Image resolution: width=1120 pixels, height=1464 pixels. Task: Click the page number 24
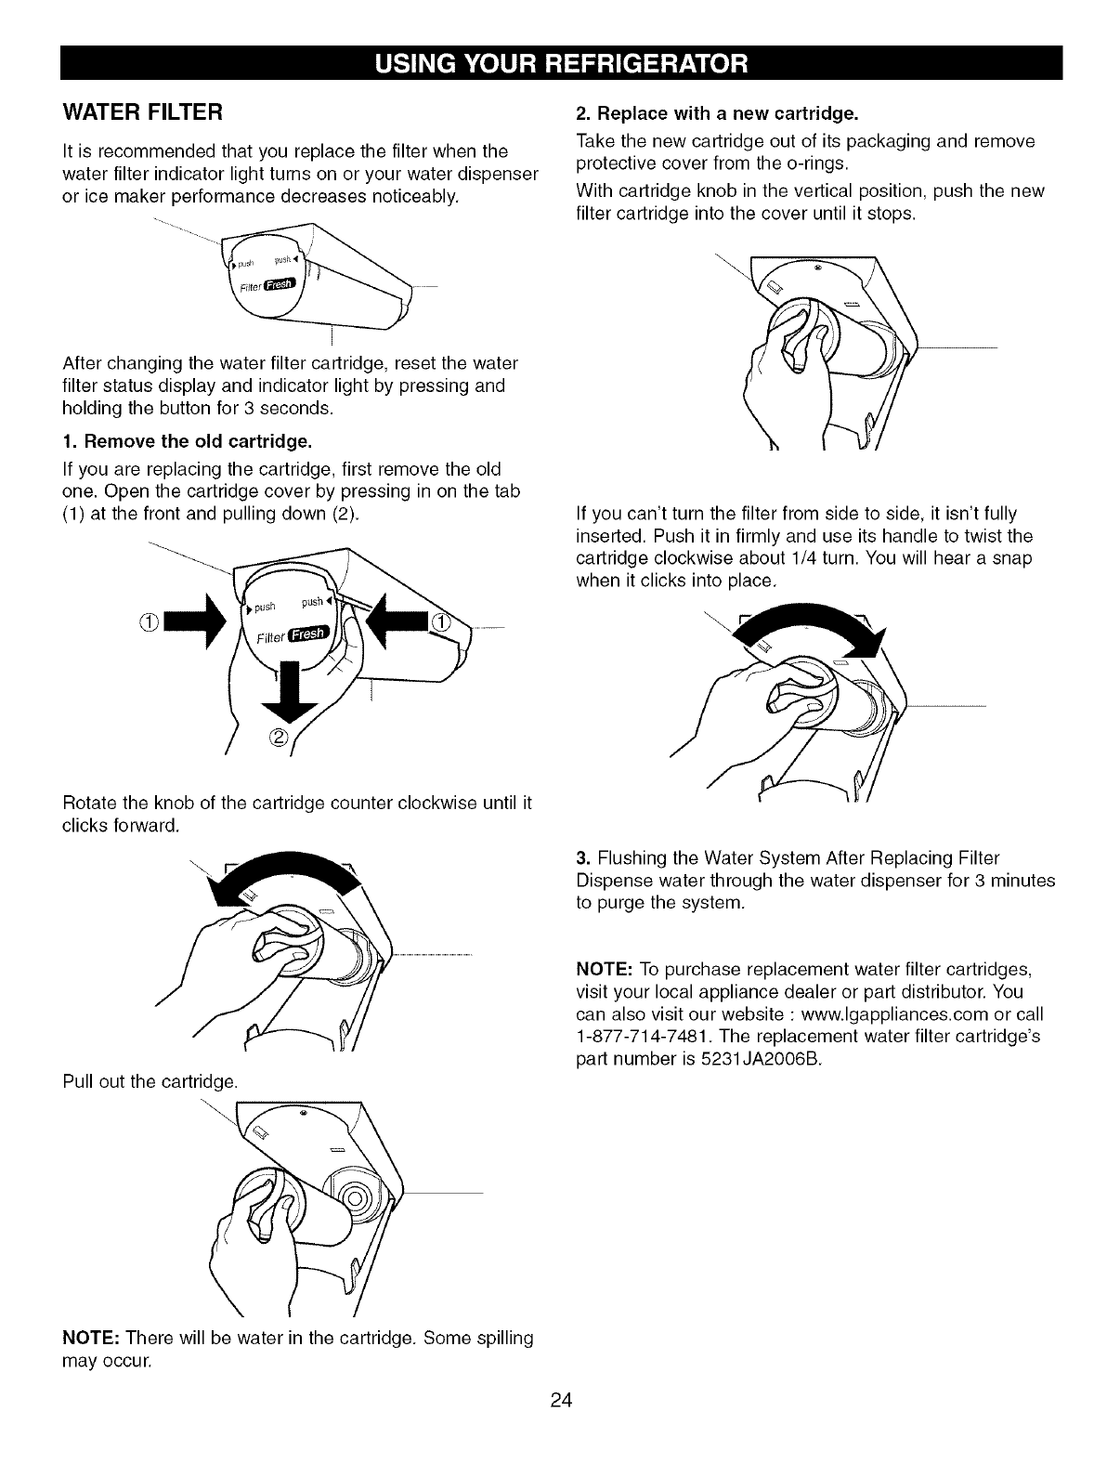pos(560,1401)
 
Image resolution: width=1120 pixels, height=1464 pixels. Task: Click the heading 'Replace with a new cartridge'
pos(716,114)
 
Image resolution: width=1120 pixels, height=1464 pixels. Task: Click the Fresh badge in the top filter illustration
pos(280,285)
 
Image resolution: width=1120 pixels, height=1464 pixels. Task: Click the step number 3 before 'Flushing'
pos(582,856)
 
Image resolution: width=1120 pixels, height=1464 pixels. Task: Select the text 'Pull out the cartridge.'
pos(150,1081)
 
